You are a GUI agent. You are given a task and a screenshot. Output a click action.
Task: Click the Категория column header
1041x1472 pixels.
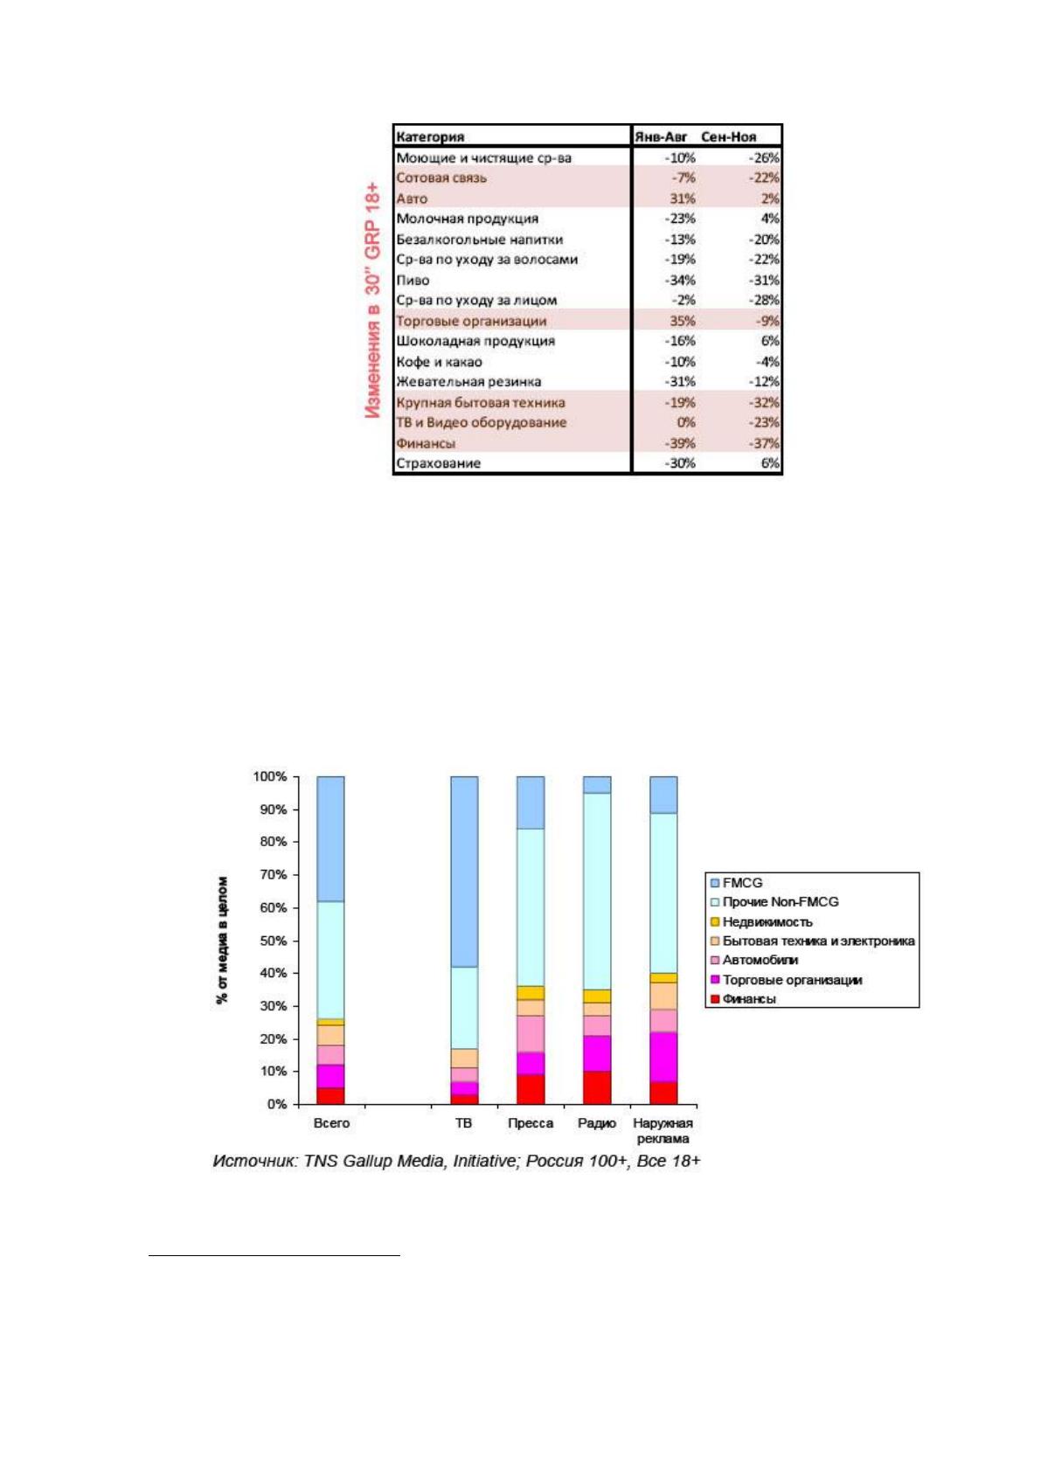pos(430,136)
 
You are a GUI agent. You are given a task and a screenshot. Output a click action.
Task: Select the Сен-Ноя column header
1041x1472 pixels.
pos(728,136)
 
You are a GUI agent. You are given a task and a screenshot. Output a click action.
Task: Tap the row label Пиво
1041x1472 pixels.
pos(413,280)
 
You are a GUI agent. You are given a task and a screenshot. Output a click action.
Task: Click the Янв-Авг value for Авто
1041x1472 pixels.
pos(682,198)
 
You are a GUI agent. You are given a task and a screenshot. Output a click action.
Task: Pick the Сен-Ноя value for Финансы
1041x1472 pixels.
pos(764,443)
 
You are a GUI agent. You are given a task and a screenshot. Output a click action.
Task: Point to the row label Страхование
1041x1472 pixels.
pos(439,463)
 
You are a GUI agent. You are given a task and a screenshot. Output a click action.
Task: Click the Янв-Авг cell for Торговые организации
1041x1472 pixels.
pos(682,321)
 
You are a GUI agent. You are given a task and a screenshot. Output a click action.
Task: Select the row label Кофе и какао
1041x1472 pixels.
pos(439,361)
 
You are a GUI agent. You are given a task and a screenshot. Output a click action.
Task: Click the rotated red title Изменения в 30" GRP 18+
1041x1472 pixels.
pos(373,301)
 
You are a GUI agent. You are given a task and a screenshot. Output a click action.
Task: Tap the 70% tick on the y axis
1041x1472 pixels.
pos(270,875)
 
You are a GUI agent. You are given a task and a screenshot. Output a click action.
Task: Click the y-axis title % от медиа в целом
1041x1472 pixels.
pos(223,940)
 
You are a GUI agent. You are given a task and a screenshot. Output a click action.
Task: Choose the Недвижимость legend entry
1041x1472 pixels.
pos(761,921)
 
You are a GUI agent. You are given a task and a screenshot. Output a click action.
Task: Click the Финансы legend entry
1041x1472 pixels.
pos(743,999)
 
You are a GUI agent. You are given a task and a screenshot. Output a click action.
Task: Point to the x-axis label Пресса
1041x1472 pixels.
pos(531,1123)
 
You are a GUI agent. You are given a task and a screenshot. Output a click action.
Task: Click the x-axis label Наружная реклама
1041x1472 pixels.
pos(663,1130)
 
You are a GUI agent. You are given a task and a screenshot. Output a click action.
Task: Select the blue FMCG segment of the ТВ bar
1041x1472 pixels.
pos(464,871)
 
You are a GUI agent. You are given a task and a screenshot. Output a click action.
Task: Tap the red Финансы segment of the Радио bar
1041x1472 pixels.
pos(597,1087)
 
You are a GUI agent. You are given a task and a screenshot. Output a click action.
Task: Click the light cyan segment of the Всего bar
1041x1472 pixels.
pos(330,960)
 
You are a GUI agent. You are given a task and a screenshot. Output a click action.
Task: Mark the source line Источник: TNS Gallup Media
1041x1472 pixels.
pos(456,1161)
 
